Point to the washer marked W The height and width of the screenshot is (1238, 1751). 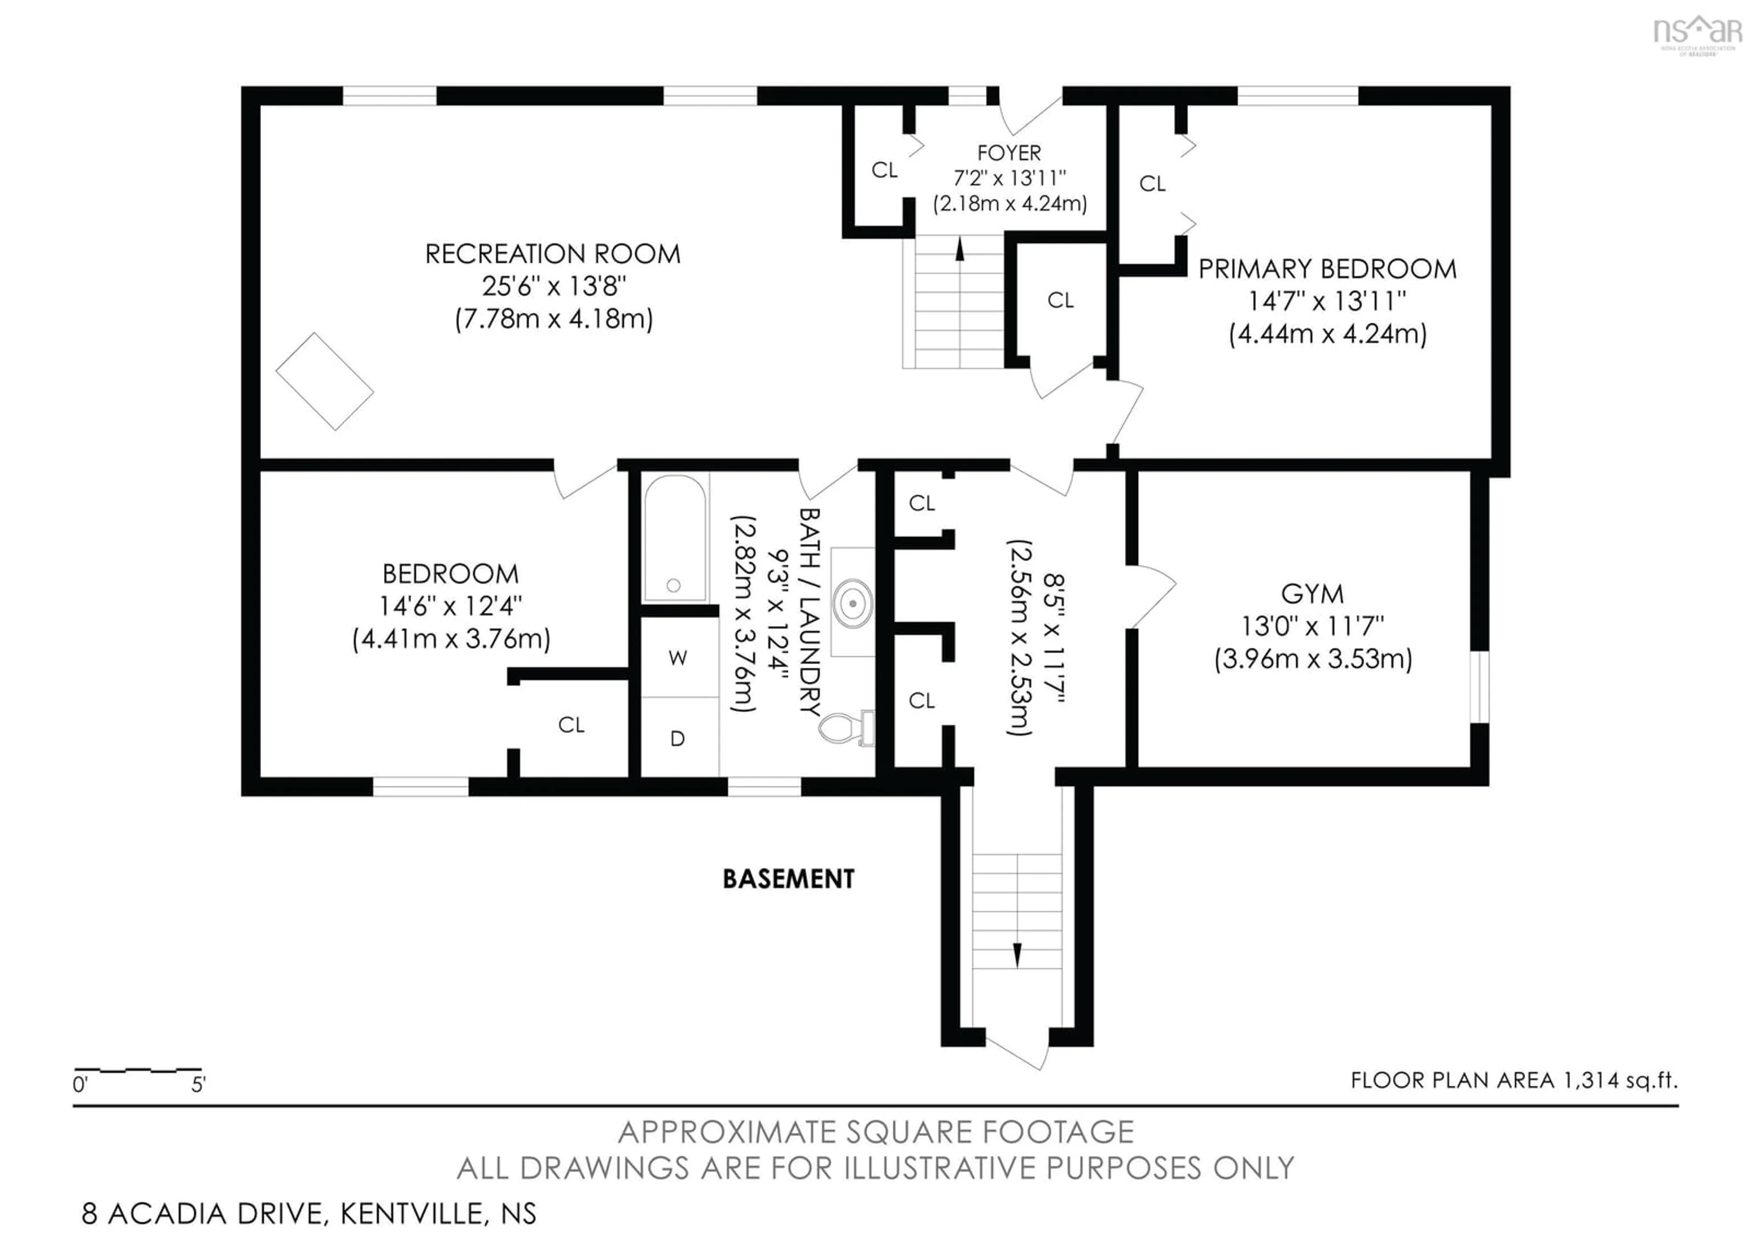click(678, 657)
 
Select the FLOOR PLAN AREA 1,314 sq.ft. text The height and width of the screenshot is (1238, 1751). click(1514, 1080)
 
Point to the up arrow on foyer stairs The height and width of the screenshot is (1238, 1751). click(959, 250)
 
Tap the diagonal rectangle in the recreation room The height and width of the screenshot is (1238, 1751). click(325, 381)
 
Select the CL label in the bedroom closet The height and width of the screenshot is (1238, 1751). click(571, 725)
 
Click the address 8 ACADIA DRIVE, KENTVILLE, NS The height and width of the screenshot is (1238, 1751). click(309, 1213)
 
